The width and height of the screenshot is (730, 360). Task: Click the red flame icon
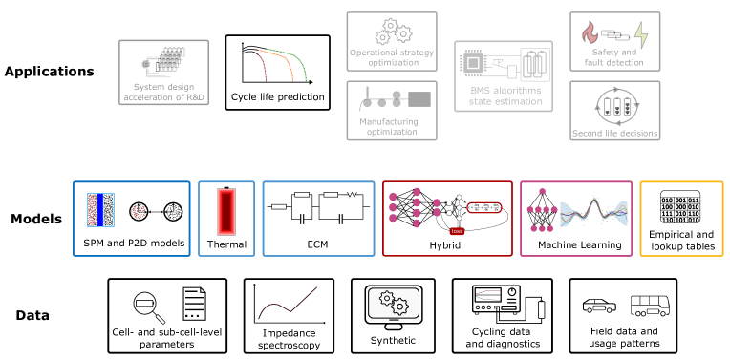[590, 33]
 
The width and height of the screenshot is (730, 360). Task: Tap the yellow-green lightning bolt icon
[641, 35]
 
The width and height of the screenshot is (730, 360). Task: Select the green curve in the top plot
[299, 63]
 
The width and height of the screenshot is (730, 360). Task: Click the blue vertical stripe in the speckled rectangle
[100, 210]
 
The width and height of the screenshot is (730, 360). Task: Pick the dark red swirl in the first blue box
[139, 211]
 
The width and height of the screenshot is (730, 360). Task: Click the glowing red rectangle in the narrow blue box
[226, 211]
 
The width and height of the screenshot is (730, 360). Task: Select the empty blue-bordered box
[318, 219]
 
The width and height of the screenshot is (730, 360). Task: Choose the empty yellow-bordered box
[681, 219]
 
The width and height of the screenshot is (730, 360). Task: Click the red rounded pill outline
[484, 207]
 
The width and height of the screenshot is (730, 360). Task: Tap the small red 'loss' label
[457, 231]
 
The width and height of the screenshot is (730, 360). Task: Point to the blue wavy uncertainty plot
[593, 213]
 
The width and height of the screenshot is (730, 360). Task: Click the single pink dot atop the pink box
[542, 191]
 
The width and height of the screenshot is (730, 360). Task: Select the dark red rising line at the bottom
[287, 304]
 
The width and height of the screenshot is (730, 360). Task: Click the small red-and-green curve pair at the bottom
[488, 295]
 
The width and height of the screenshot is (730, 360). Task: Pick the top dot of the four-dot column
[417, 192]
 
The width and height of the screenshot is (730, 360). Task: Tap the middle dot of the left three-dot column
[393, 207]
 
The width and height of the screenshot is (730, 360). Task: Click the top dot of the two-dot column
[437, 202]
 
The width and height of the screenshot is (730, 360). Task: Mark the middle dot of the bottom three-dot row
[542, 228]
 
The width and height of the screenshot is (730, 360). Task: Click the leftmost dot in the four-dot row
[530, 209]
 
